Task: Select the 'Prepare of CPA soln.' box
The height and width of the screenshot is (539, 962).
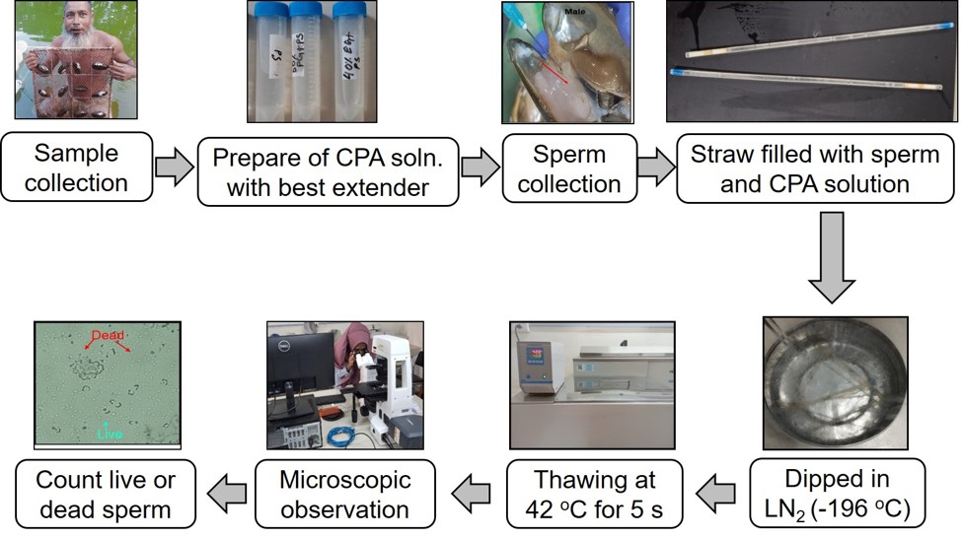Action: (x=328, y=170)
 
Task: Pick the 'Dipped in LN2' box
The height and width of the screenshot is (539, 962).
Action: (x=838, y=494)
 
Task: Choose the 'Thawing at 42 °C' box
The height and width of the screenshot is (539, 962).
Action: (x=595, y=495)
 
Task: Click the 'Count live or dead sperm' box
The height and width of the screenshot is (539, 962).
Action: (x=103, y=495)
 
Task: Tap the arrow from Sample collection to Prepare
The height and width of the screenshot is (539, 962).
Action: (x=174, y=168)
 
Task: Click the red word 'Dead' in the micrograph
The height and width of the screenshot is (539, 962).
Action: (x=108, y=335)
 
